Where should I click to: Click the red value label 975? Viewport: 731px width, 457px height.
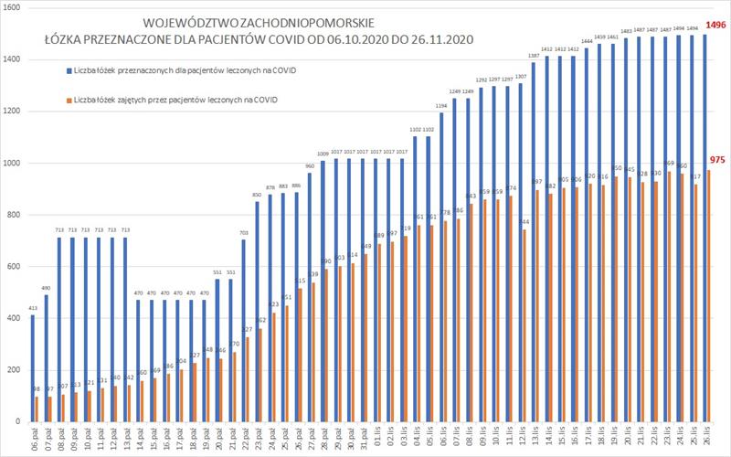point(717,160)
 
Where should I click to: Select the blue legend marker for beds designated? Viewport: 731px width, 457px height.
point(68,69)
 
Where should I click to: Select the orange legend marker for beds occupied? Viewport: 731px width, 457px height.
point(68,99)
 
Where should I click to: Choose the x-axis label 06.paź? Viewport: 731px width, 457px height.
point(36,435)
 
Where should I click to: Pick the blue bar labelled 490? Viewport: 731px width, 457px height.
point(46,357)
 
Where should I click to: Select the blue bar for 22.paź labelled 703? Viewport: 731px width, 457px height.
point(243,330)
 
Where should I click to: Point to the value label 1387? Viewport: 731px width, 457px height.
point(534,57)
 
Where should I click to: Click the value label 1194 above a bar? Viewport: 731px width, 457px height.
point(441,106)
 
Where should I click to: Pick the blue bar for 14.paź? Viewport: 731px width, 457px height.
point(138,360)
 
